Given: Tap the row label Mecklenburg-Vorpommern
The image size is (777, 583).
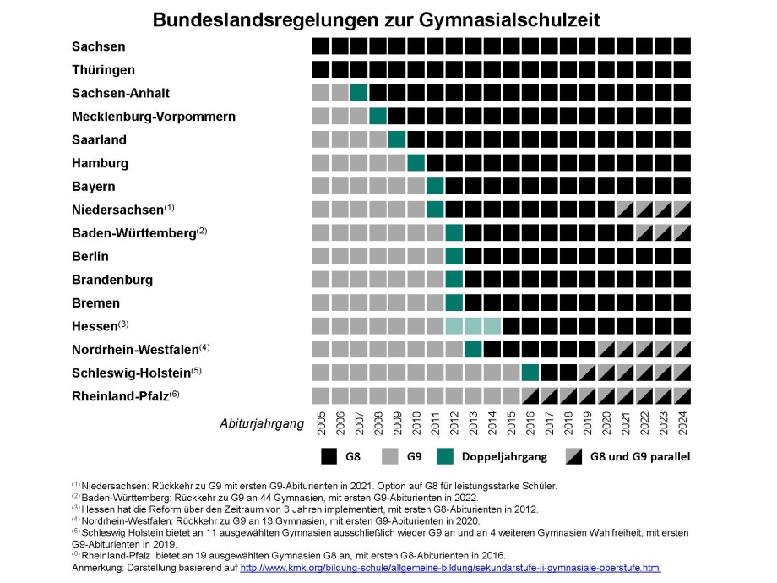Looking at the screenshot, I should pos(153,116).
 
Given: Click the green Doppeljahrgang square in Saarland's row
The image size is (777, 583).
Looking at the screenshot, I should pos(397,139).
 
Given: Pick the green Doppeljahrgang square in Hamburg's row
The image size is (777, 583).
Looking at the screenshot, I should pos(416,162).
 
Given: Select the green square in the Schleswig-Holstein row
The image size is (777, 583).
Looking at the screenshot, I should pos(530,372).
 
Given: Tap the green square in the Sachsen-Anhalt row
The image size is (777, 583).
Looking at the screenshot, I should pos(359,93).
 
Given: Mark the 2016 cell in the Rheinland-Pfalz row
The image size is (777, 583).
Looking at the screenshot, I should pos(530,395).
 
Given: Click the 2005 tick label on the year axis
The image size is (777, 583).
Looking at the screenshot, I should pos(321,424).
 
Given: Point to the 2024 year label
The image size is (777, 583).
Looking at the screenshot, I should pos(683,424).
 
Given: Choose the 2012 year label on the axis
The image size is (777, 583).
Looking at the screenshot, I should pos(454,424).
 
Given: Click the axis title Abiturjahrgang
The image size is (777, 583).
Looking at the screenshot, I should pos(261,424).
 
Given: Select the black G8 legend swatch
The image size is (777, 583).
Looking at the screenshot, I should pos(330,457).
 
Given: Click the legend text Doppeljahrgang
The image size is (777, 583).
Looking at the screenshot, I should pos(504,457).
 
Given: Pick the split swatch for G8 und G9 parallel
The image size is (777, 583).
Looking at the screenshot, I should pos(573,457).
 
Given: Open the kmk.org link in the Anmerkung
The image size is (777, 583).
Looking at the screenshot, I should pos(450,569).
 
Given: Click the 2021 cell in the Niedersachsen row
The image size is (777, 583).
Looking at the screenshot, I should pos(626,210).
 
